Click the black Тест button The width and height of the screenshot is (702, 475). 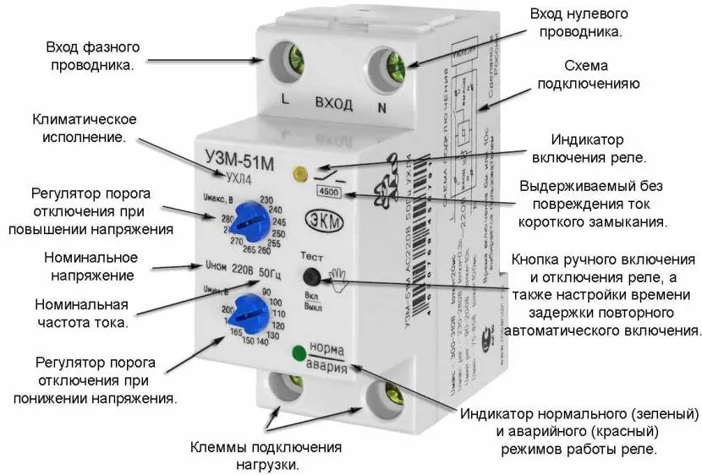[311, 276]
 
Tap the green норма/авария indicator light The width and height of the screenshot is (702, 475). [297, 353]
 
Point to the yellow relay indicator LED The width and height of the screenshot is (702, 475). [298, 175]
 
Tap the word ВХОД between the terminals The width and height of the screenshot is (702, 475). [334, 103]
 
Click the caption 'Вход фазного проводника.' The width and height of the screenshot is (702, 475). [82, 55]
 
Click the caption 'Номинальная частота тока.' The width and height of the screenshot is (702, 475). [81, 313]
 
